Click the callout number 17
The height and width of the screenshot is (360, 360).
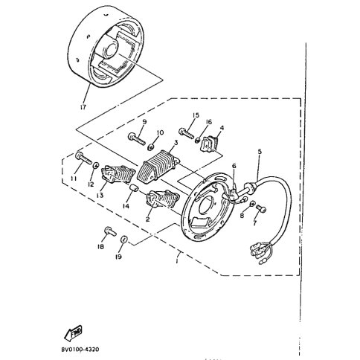[x=84, y=106]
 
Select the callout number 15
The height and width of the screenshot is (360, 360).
[x=196, y=115]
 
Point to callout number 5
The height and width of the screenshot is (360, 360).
[x=259, y=152]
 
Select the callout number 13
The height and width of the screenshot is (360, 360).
[x=100, y=196]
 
